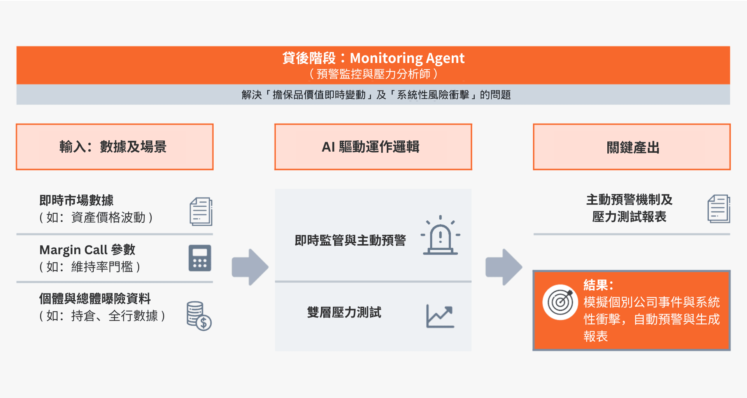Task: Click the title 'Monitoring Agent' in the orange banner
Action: coord(407,58)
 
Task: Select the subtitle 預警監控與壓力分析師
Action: coord(373,74)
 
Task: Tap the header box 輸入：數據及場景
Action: coord(115,147)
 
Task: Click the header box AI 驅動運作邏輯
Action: coord(373,147)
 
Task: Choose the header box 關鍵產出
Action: coord(632,147)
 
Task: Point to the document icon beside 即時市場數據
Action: coord(201,212)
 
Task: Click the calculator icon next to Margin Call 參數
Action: coord(200,258)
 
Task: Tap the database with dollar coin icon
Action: coord(199,316)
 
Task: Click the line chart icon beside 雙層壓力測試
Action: coord(440,316)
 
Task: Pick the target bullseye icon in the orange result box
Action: coord(560,302)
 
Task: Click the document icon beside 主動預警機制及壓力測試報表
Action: coord(719,209)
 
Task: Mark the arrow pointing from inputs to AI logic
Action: coord(250,267)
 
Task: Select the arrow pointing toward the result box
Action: coord(504,267)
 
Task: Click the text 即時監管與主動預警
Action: coord(351,240)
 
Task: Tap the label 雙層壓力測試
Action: coord(344,312)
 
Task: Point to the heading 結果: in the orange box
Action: coord(598,285)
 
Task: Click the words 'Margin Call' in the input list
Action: coord(74,250)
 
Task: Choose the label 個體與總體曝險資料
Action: coord(95,298)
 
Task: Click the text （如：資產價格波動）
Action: coord(96,217)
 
